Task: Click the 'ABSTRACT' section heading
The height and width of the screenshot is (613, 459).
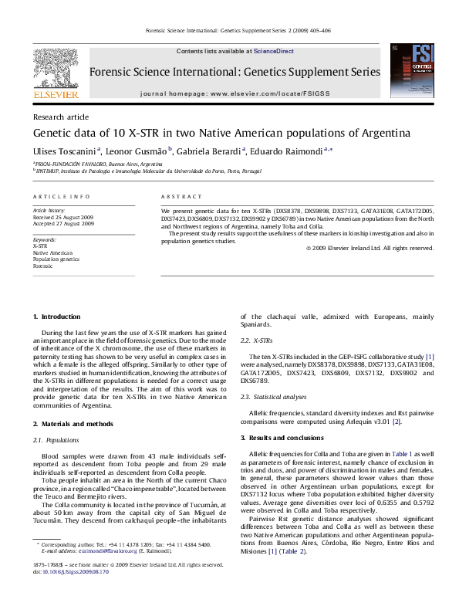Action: tap(181, 197)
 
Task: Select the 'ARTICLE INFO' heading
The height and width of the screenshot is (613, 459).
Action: tap(60, 197)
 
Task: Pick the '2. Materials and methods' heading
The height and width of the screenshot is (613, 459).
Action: tap(73, 425)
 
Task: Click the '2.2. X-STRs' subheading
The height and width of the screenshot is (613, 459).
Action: tap(256, 340)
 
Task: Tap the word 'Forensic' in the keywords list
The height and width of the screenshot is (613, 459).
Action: tap(43, 266)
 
